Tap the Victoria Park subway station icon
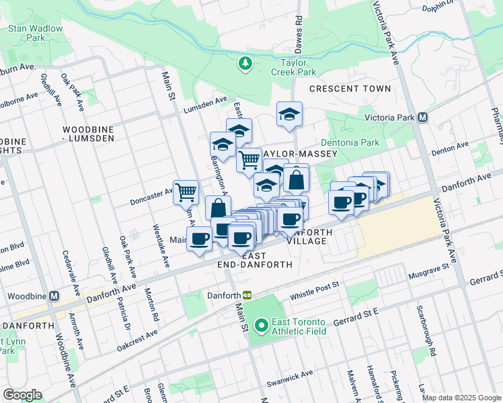tap(423, 117)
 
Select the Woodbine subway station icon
tap(53, 296)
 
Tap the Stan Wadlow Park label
tap(35, 33)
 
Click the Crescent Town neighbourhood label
tap(350, 89)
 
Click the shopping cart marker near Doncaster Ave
tap(186, 191)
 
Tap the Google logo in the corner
tap(22, 395)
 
